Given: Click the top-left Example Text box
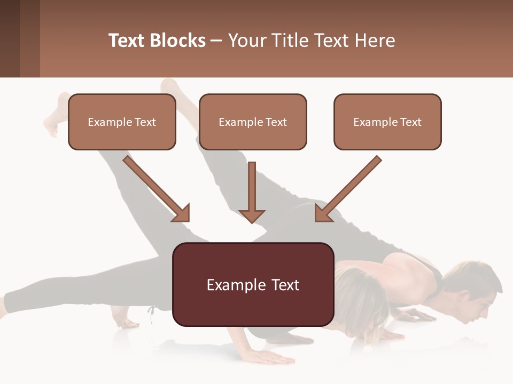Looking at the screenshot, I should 122,122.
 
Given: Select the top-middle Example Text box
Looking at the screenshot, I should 253,122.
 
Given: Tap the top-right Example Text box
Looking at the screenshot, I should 387,122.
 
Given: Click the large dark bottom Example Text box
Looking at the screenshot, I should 253,284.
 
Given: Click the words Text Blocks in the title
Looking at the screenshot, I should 157,41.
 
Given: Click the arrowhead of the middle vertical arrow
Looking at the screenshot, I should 252,214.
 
